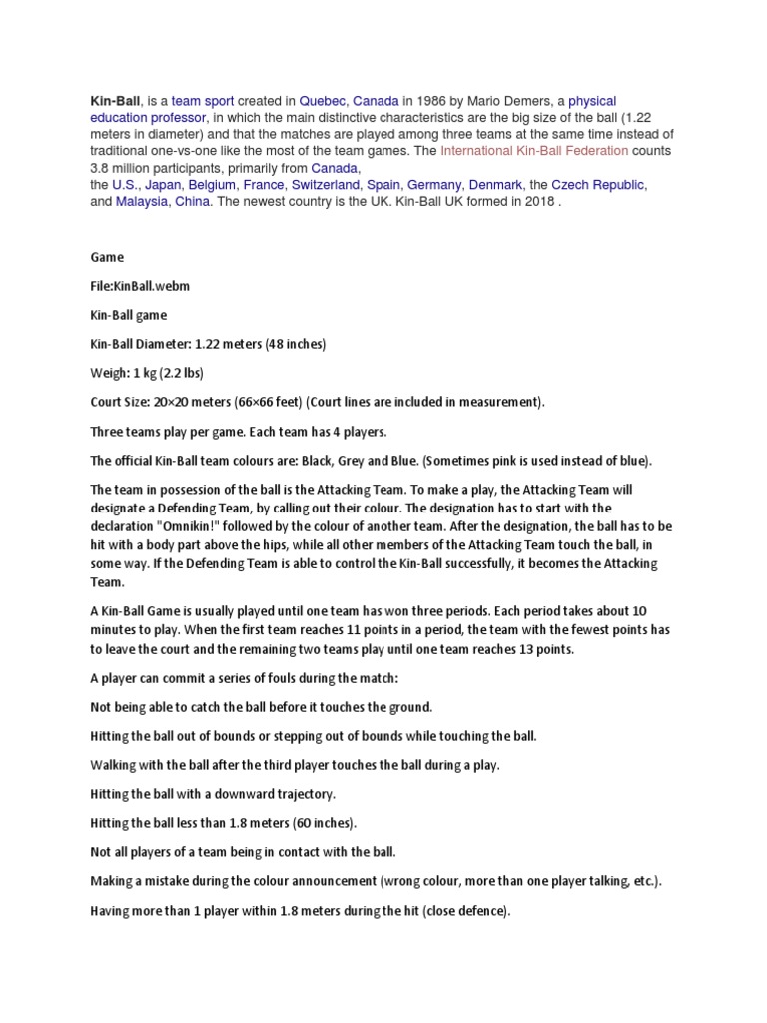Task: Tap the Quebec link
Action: pyautogui.click(x=322, y=101)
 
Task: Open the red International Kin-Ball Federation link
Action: pyautogui.click(x=534, y=151)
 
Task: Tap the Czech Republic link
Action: pyautogui.click(x=599, y=185)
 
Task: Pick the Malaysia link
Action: pyautogui.click(x=142, y=201)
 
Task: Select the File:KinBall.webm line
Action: pyautogui.click(x=140, y=286)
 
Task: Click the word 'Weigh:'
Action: pyautogui.click(x=109, y=373)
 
